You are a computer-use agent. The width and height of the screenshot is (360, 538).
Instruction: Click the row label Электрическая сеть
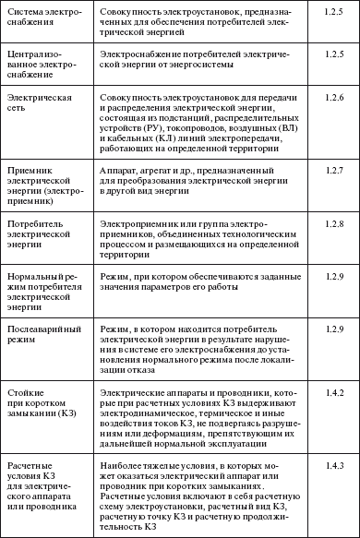[37, 102]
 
